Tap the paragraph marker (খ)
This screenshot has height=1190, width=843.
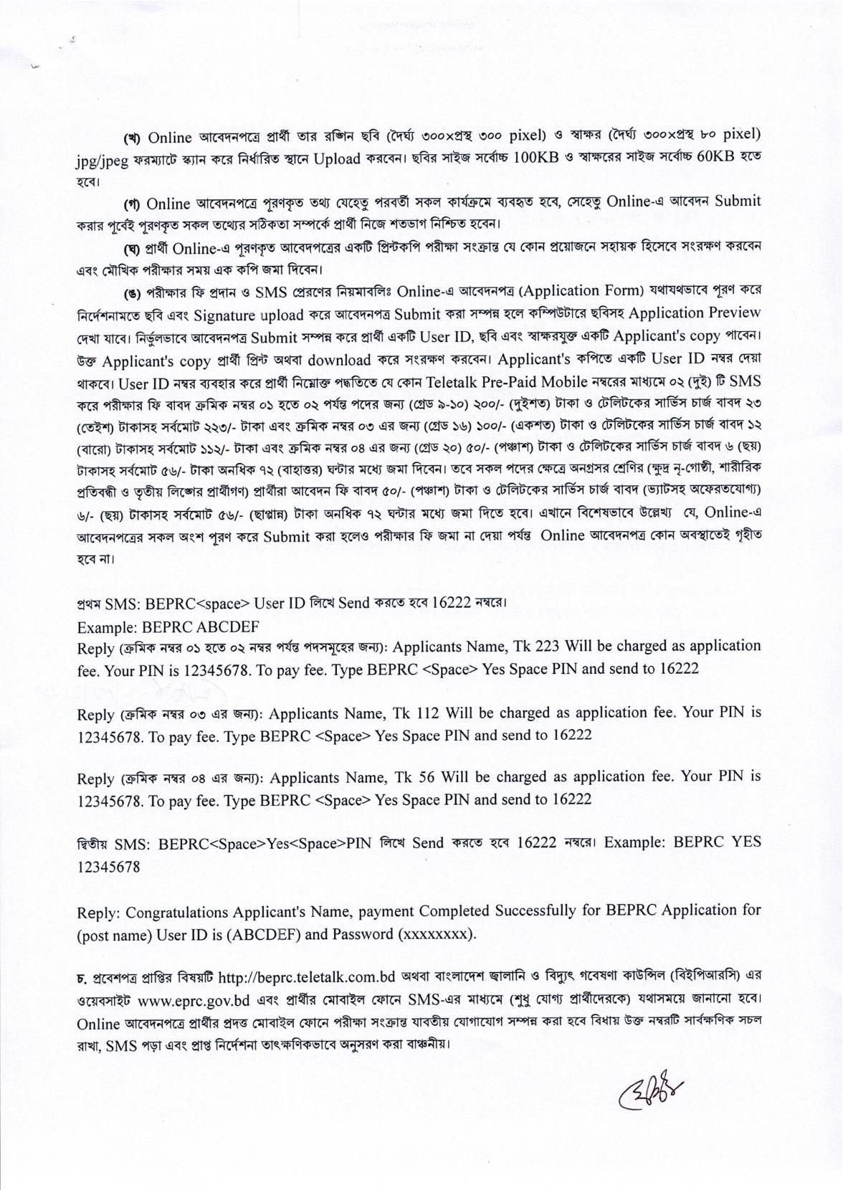pos(132,136)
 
